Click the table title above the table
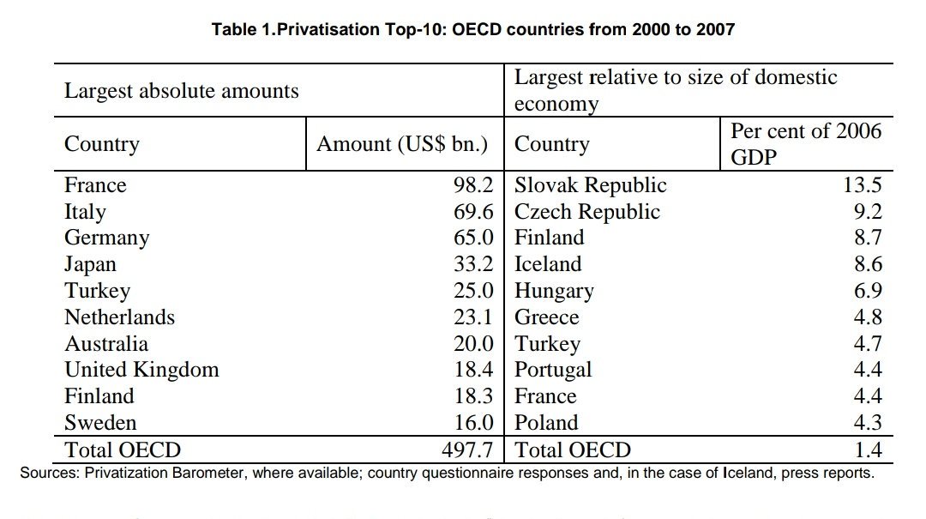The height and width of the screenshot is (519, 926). pos(473,30)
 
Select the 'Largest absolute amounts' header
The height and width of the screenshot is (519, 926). pos(182,91)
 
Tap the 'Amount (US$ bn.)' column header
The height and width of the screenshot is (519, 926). pos(402,144)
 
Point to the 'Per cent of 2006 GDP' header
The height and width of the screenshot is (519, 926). pos(805,144)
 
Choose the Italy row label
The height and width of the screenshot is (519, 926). pos(85,212)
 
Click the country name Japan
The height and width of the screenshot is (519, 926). pos(90,264)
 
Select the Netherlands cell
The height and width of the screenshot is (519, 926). pos(119,317)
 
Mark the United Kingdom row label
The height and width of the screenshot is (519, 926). pos(141,370)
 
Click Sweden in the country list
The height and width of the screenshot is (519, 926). pos(100,423)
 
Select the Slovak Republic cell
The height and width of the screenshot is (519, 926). pos(590,185)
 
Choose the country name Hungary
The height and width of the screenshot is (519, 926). pos(554,291)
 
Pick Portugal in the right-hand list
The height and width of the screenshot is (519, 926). pos(553,370)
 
